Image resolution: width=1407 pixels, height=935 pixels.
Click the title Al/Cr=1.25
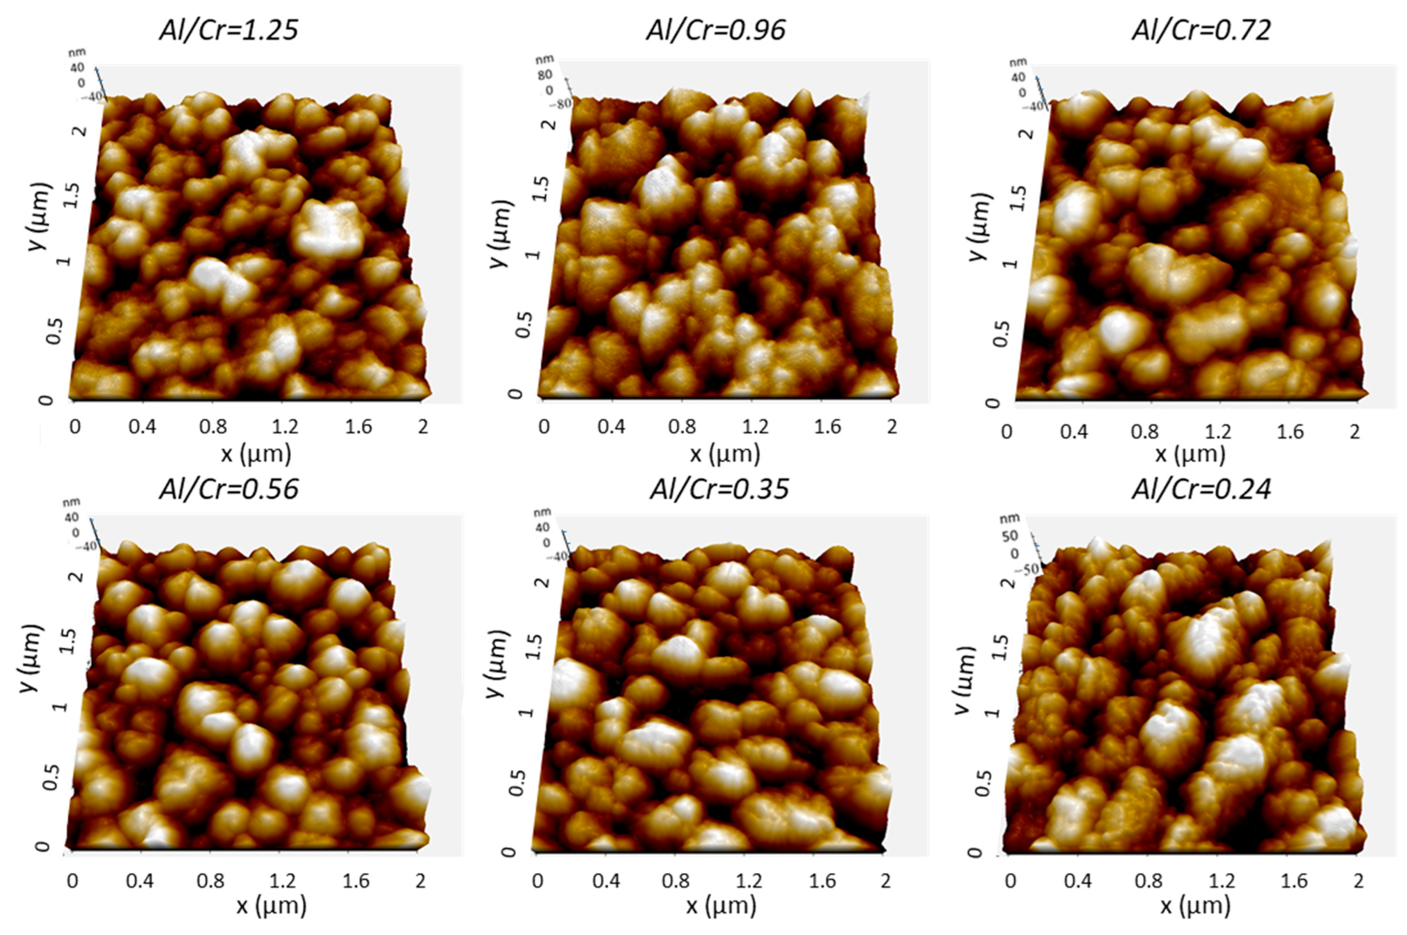[x=229, y=30]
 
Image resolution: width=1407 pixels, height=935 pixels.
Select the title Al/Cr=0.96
[x=716, y=30]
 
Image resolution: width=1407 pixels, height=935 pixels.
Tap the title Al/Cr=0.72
[x=1202, y=30]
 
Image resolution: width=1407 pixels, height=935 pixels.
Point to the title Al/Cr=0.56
[x=229, y=489]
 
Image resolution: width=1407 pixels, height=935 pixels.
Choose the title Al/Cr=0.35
[x=719, y=489]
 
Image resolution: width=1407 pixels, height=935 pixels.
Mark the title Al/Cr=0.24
[x=1202, y=489]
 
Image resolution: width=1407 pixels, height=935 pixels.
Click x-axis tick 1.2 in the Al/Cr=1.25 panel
[x=284, y=427]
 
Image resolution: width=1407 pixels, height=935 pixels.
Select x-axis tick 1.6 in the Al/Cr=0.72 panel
[x=1289, y=432]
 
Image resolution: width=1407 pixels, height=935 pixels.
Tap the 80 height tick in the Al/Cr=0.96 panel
[x=545, y=75]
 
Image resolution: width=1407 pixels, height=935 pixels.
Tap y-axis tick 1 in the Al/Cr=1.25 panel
[x=64, y=261]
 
